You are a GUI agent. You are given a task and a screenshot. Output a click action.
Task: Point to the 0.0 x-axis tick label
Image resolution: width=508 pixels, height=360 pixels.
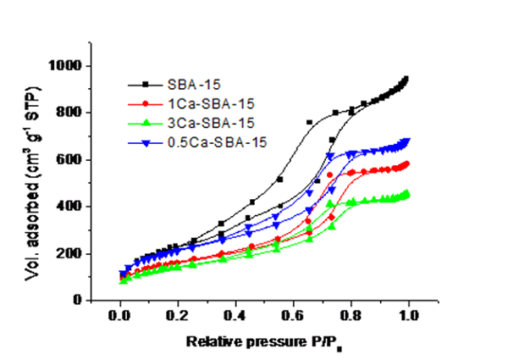(x=118, y=317)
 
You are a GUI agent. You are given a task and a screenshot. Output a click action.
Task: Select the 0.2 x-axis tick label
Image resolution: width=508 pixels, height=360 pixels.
(x=176, y=317)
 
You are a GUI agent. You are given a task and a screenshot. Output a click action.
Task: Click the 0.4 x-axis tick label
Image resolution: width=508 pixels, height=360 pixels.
(x=234, y=317)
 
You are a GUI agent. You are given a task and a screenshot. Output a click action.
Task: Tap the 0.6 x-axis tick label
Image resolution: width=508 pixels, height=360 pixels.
(x=292, y=317)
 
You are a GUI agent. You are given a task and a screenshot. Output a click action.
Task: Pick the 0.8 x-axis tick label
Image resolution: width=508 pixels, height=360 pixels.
(x=350, y=317)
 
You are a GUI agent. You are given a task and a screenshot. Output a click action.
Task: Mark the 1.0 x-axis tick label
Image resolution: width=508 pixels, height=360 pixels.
(x=408, y=317)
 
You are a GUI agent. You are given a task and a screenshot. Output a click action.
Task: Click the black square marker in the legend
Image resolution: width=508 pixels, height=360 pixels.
(x=145, y=84)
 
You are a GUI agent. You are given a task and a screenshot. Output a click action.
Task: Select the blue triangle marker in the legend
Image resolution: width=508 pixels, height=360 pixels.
(x=145, y=142)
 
